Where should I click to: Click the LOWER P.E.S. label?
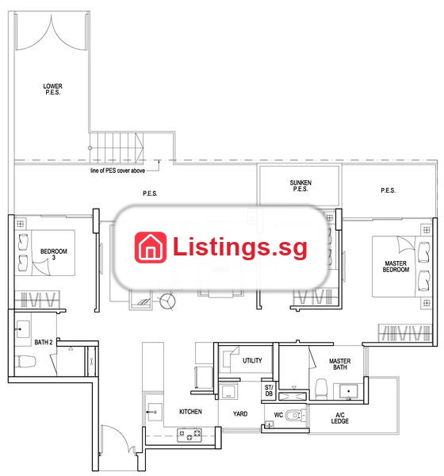[52, 89]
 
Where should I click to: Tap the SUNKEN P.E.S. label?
[300, 186]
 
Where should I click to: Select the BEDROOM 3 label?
[54, 255]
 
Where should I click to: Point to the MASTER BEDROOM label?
[396, 267]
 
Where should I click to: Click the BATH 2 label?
[44, 343]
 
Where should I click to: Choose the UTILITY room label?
[252, 361]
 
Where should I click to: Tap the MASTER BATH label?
[340, 364]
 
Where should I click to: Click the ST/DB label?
[269, 390]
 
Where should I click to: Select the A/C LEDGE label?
[340, 418]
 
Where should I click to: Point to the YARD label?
[240, 414]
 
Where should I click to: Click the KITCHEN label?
[190, 412]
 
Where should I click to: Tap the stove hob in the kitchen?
[189, 435]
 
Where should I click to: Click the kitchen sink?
[155, 412]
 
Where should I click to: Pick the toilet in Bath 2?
[25, 362]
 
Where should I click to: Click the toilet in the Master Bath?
[321, 389]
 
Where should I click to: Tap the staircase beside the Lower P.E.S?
[117, 148]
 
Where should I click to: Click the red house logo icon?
[151, 248]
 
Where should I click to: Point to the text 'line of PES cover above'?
[117, 171]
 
